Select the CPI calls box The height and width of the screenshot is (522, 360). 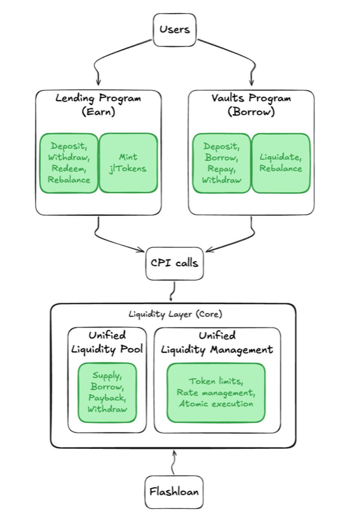tap(173, 264)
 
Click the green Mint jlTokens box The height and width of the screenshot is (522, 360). tap(128, 163)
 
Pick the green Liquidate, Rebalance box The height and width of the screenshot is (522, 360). tap(280, 163)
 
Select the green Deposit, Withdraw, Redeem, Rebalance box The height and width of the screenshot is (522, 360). tap(68, 163)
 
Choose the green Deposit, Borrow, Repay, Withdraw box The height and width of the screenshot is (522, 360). tap(222, 163)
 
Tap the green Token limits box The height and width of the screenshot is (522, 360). tap(216, 392)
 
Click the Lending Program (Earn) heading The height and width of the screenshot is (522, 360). tap(98, 104)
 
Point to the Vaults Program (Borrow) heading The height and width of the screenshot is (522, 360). tap(251, 104)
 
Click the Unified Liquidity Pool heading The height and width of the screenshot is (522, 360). tap(107, 343)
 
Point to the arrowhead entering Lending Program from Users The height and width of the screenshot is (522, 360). tap(98, 83)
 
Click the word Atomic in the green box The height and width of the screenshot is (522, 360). tap(194, 403)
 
